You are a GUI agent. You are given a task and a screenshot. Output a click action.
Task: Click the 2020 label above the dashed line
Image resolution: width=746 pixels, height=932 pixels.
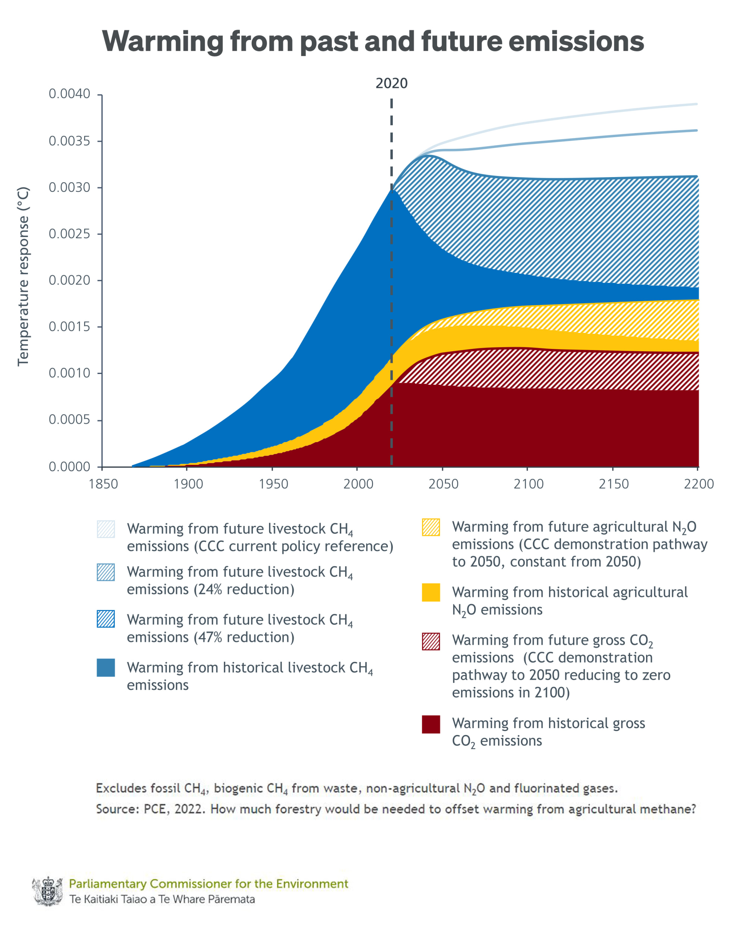click(391, 83)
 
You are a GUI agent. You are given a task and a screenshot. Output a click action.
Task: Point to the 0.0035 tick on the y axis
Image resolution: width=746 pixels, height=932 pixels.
click(69, 141)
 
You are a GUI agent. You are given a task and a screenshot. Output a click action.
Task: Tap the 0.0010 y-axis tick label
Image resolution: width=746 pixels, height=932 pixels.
click(69, 373)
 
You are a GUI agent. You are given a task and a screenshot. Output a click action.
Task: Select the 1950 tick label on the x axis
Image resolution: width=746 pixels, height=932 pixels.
click(273, 484)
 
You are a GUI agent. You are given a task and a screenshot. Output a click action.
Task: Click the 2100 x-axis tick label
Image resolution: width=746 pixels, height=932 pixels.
click(528, 484)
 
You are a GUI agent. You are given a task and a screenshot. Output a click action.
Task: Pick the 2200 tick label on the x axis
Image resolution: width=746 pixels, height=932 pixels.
click(698, 484)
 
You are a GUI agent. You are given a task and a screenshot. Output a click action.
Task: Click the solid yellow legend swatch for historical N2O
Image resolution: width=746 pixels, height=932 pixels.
click(430, 593)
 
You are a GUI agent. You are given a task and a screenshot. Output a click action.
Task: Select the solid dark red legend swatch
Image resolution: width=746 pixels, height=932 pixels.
click(430, 724)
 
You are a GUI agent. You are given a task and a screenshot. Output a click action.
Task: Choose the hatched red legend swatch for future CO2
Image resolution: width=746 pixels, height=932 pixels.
click(430, 642)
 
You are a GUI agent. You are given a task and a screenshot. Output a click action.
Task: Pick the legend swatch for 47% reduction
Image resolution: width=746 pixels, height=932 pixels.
click(106, 619)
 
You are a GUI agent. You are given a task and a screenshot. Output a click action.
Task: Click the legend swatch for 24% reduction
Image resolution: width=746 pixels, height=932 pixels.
click(106, 572)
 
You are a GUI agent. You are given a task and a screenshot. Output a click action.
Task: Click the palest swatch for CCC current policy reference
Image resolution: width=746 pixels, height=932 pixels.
click(106, 529)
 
